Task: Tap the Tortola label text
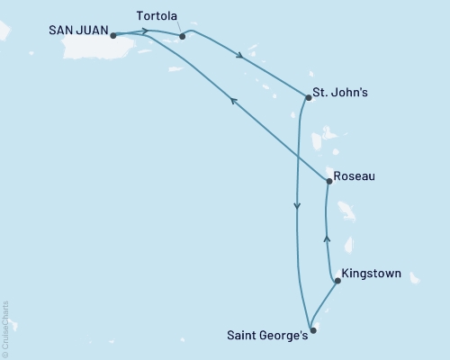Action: click(x=161, y=16)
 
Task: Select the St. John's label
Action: click(x=339, y=91)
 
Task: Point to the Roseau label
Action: click(x=354, y=176)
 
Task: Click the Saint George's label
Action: click(x=267, y=337)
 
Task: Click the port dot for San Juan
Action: click(x=112, y=35)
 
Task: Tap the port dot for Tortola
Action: click(x=182, y=37)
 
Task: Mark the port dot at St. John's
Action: click(x=309, y=97)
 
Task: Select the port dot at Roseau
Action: click(x=329, y=181)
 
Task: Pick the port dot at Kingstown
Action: click(x=337, y=281)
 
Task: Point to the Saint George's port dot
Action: click(x=312, y=329)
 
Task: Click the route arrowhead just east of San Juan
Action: click(x=146, y=31)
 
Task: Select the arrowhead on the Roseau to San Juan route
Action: click(x=231, y=101)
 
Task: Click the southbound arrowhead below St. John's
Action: click(x=296, y=208)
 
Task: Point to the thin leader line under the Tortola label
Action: click(x=178, y=29)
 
